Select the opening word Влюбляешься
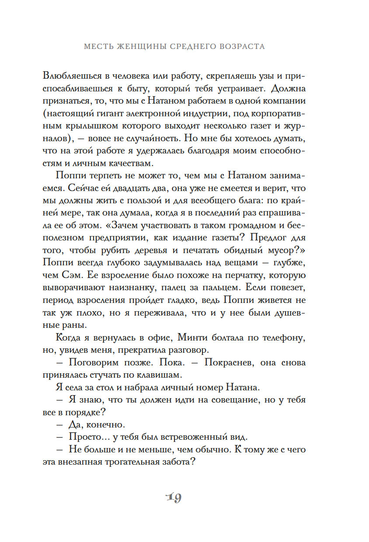[x=91, y=75]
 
